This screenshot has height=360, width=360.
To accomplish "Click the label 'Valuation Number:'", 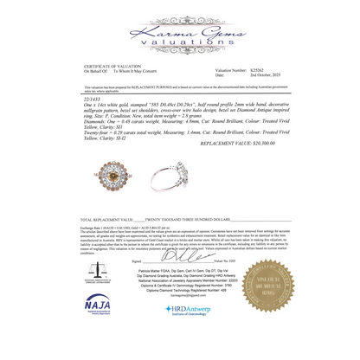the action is pos(228,71).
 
